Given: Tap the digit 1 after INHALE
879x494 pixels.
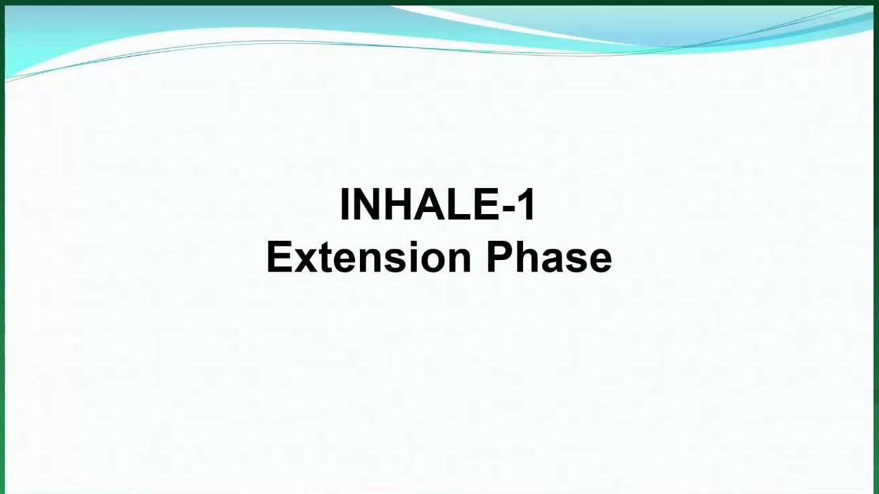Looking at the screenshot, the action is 526,204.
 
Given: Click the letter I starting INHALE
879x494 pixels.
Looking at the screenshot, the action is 346,204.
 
